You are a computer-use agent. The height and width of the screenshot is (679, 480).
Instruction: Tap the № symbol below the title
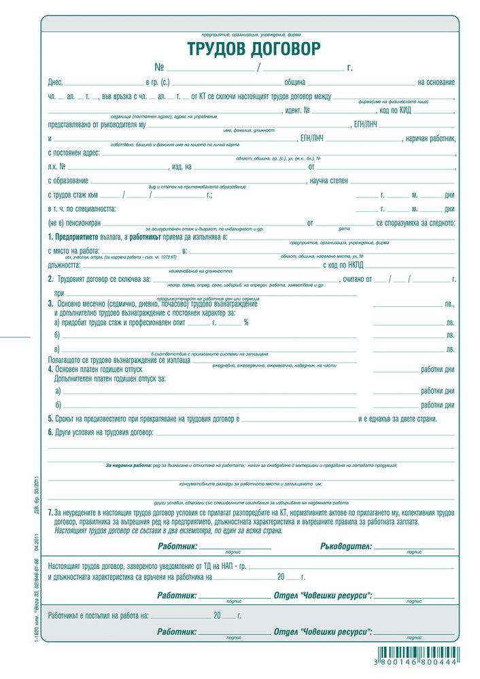(160, 67)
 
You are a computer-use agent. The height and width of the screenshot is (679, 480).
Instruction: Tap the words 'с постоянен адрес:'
(74, 153)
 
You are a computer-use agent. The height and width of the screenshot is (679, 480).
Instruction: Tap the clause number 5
(50, 418)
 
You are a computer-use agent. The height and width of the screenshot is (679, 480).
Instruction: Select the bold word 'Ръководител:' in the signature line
(345, 546)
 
